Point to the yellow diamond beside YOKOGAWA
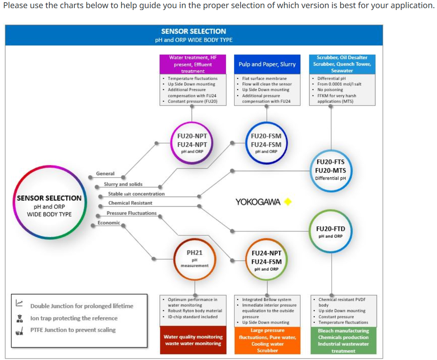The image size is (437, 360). coord(288,201)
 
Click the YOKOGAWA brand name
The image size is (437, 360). coord(258,202)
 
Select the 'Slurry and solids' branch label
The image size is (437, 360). coord(123,184)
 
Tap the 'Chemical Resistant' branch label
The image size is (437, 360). coord(130,203)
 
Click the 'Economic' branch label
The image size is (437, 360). coord(109,223)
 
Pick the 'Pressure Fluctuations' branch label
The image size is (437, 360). coord(132,213)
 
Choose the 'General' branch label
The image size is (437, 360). coord(105,174)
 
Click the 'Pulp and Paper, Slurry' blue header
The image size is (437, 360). coord(267,64)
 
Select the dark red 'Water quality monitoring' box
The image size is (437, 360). coord(193,340)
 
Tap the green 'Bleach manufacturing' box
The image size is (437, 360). coord(343,340)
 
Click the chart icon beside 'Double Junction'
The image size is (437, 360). coord(19,303)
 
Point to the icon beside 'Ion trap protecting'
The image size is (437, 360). coord(20,319)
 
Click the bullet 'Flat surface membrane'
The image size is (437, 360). coord(264,78)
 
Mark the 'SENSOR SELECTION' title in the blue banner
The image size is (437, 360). coord(194,31)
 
